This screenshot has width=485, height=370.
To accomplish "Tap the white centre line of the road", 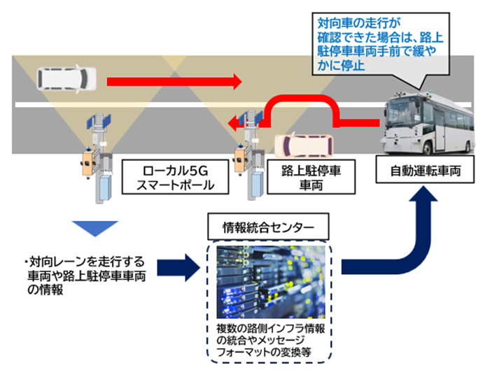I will [175, 104].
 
